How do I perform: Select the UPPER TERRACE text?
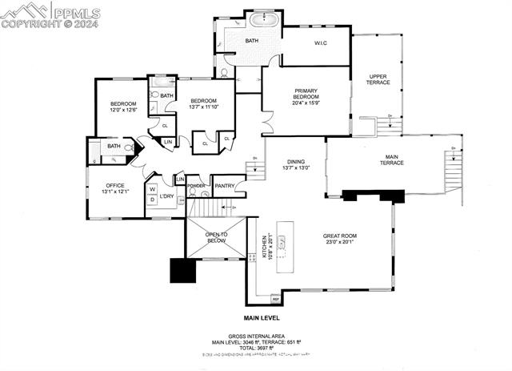click(378, 80)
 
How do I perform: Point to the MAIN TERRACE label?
click(392, 159)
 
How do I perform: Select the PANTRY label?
click(225, 187)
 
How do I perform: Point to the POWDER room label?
click(196, 187)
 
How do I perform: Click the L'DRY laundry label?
click(167, 196)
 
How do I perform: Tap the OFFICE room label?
click(115, 188)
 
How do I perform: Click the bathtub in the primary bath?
click(262, 20)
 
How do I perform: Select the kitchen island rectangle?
click(286, 244)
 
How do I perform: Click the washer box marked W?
click(151, 190)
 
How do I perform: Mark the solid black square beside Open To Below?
click(182, 271)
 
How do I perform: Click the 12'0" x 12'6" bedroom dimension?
click(123, 110)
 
